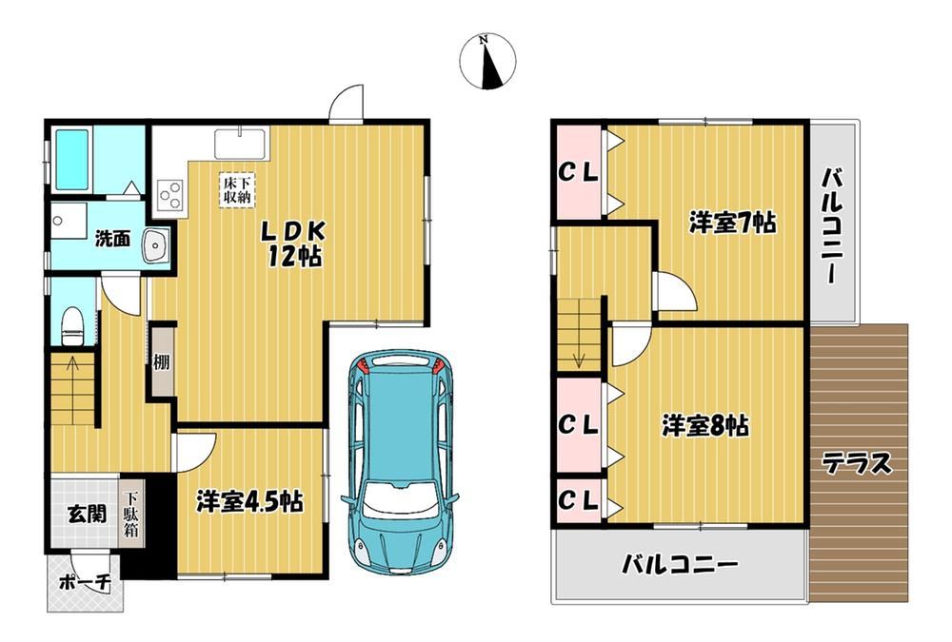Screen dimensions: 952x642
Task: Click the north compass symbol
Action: click(487, 61)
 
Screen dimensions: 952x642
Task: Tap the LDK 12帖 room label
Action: click(294, 243)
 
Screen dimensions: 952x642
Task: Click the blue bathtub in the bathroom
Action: click(72, 160)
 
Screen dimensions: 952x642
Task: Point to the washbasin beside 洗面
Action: click(157, 245)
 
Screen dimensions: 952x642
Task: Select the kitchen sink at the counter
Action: click(241, 145)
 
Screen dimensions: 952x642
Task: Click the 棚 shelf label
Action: click(162, 362)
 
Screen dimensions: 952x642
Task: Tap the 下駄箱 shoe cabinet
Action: click(131, 514)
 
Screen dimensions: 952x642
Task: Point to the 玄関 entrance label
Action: click(87, 514)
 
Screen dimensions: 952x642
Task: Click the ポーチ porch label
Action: click(86, 583)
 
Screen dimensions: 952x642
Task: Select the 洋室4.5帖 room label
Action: click(249, 502)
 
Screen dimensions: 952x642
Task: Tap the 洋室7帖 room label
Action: click(732, 223)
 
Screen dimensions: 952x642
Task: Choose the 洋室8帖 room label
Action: click(704, 425)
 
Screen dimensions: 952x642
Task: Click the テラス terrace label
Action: click(857, 464)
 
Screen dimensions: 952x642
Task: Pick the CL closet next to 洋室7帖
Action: click(578, 172)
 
